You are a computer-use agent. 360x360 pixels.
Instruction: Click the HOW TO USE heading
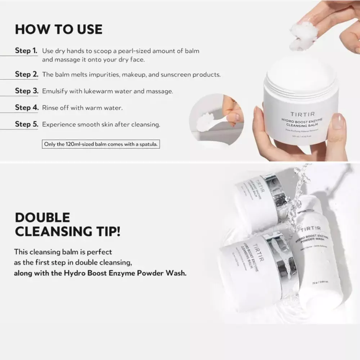click(x=59, y=29)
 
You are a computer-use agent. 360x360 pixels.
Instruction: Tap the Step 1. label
click(x=26, y=51)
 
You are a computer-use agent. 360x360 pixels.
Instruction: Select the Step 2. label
click(x=26, y=75)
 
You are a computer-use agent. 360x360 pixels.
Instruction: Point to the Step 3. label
click(x=26, y=91)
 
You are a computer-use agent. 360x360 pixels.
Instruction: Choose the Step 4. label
click(x=26, y=108)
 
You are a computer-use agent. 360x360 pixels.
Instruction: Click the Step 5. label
click(x=26, y=125)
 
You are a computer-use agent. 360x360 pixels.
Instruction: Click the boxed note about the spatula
click(x=101, y=144)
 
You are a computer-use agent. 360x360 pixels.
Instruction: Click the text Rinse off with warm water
click(x=82, y=108)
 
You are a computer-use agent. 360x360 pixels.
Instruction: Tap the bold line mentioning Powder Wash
click(x=100, y=273)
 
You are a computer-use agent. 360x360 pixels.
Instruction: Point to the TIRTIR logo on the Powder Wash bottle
click(x=310, y=229)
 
